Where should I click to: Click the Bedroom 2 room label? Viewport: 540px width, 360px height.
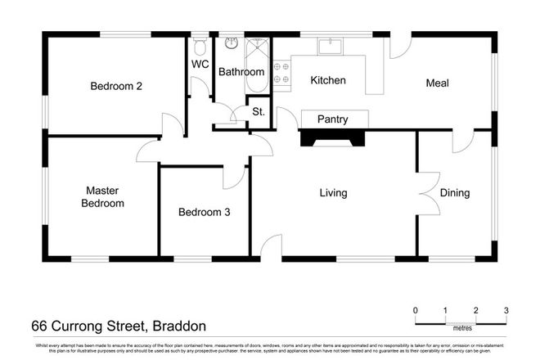(112, 86)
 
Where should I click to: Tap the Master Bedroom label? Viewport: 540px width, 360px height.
(104, 196)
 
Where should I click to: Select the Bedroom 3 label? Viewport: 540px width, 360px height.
(204, 212)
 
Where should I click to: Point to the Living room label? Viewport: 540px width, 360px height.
(333, 193)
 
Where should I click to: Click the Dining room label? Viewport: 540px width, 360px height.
(455, 193)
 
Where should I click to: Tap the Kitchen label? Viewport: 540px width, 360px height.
(328, 81)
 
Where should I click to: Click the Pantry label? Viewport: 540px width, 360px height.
(333, 119)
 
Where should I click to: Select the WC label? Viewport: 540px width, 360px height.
(200, 64)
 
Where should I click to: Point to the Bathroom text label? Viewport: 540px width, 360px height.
(241, 72)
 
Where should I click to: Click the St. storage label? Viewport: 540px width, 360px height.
(257, 110)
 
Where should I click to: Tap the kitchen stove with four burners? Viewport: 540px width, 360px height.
(282, 71)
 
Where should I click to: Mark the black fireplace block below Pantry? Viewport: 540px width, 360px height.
(332, 138)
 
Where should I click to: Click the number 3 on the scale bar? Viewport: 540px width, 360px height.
(506, 310)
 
